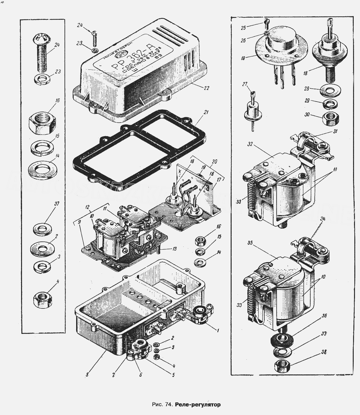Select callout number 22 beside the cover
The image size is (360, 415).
(206, 88)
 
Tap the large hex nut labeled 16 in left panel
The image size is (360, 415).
(42, 122)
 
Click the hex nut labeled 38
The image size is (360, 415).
(282, 366)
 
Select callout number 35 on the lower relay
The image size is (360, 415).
(250, 243)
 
